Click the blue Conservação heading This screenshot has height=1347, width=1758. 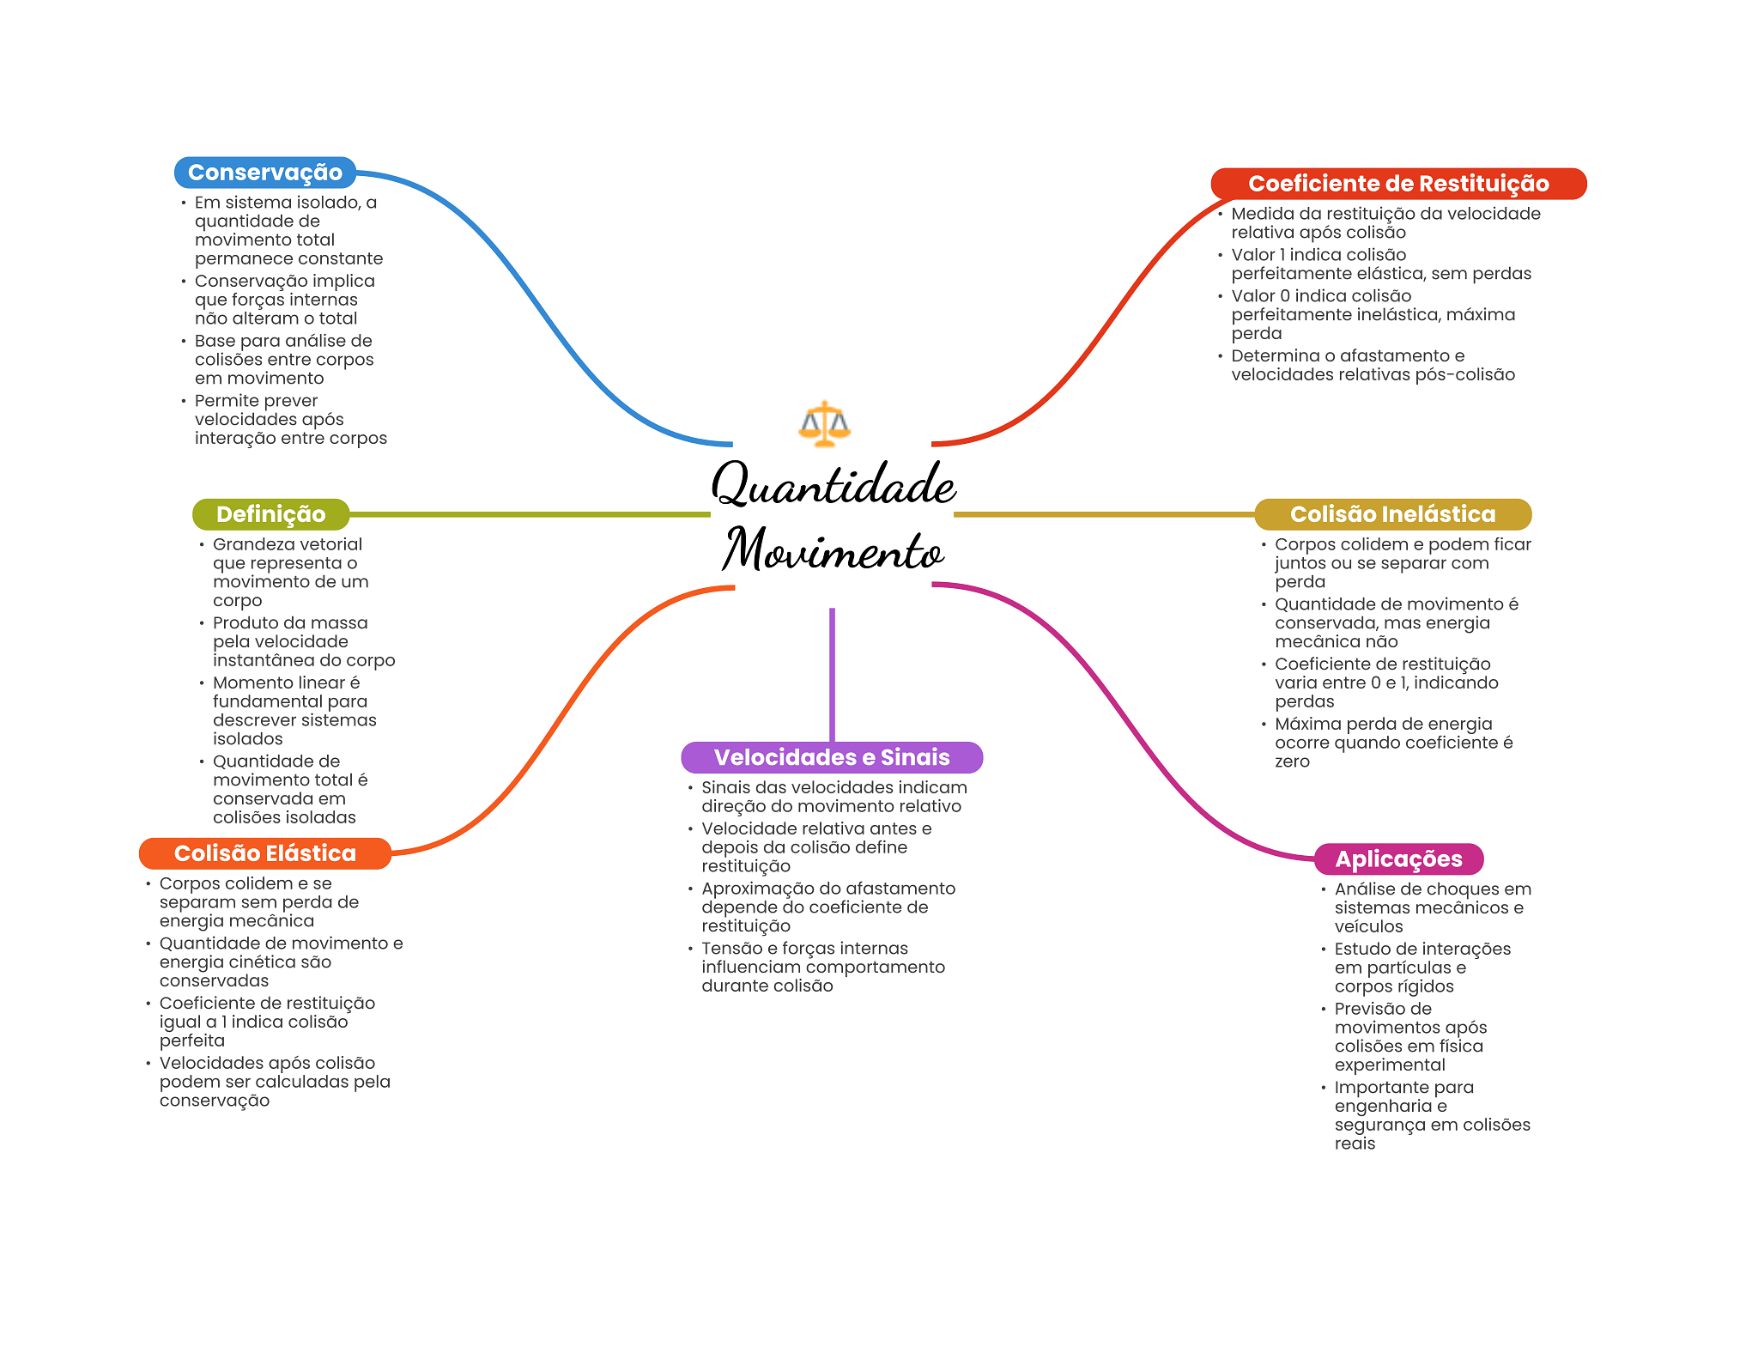265,173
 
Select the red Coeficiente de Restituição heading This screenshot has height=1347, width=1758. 1398,184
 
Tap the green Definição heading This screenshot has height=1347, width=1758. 270,514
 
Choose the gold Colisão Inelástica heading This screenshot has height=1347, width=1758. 1392,514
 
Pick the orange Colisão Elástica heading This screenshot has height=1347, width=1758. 264,853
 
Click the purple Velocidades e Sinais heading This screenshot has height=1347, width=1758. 832,757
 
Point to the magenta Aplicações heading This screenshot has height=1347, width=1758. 1398,859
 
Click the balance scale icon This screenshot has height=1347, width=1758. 824,424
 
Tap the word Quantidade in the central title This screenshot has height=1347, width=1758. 834,483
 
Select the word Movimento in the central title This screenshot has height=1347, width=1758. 833,549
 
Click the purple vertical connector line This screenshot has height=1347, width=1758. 832,675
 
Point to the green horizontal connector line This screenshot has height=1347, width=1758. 530,514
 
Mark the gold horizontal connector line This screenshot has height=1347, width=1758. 1104,514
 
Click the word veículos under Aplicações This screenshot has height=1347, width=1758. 1368,926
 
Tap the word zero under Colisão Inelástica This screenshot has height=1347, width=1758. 1292,761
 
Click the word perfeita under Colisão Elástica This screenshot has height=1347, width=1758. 192,1041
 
